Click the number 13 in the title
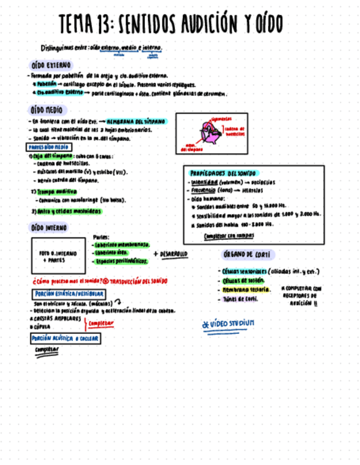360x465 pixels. coord(104,24)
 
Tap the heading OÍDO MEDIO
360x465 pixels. coord(47,110)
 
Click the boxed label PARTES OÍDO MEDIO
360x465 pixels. coord(48,147)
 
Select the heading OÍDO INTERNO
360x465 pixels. coord(49,227)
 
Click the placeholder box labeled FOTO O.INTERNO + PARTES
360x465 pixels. coord(58,256)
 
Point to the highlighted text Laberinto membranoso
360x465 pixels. coord(122,245)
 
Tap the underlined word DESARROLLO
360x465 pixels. coord(173,253)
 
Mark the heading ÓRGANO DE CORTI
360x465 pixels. coord(248,255)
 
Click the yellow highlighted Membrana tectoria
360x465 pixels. coord(246,290)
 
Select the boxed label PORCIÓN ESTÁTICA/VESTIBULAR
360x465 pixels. coord(68,294)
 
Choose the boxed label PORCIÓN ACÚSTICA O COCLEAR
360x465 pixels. coord(65,338)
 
